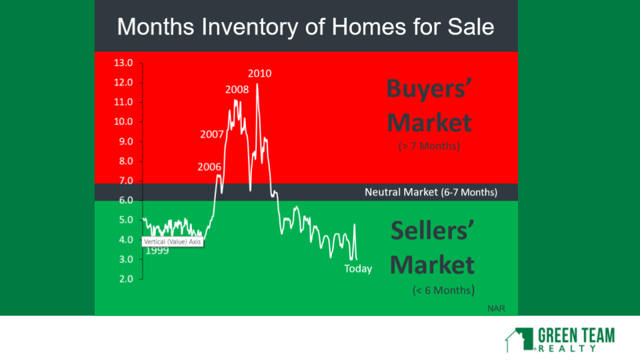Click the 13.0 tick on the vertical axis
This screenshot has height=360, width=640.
point(123,63)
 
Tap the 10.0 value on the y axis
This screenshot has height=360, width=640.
point(123,121)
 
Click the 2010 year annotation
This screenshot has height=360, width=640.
point(259,73)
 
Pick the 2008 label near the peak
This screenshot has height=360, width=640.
point(237,89)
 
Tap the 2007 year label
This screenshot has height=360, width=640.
point(212,134)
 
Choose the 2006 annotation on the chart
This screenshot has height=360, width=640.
point(209,167)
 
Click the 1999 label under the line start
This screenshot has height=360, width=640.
point(157,251)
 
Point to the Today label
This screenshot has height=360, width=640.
point(358,269)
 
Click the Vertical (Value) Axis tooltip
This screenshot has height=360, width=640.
point(173,241)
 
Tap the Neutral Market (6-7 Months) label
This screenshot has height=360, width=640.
point(431,192)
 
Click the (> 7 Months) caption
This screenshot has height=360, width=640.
point(429,146)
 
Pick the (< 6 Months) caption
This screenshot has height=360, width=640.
point(443,290)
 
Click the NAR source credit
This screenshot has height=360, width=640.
point(496,309)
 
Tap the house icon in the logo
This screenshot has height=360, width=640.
point(519,339)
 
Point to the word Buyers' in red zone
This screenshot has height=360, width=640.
point(429,88)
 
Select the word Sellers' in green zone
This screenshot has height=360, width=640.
point(432,231)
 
